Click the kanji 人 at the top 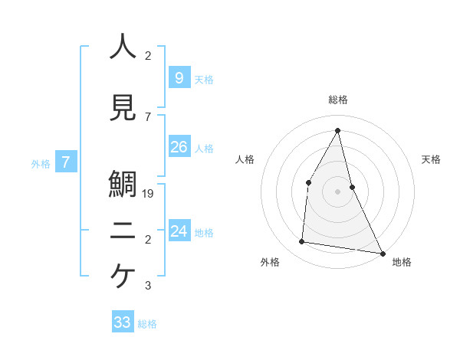pyautogui.click(x=123, y=47)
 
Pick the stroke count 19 pyautogui.click(x=149, y=194)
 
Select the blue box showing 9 pyautogui.click(x=179, y=77)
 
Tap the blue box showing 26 pyautogui.click(x=179, y=147)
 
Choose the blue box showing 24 pyautogui.click(x=179, y=231)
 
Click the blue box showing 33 pyautogui.click(x=123, y=322)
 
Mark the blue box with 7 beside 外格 pyautogui.click(x=67, y=162)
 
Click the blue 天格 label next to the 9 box pyautogui.click(x=204, y=80)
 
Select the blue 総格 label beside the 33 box pyautogui.click(x=148, y=325)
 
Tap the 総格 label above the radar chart pyautogui.click(x=338, y=100)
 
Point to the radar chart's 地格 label pyautogui.click(x=402, y=262)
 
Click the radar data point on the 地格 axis pyautogui.click(x=383, y=253)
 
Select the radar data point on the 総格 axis pyautogui.click(x=338, y=129)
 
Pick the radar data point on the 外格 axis pyautogui.click(x=302, y=242)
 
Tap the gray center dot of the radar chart pyautogui.click(x=338, y=191)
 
